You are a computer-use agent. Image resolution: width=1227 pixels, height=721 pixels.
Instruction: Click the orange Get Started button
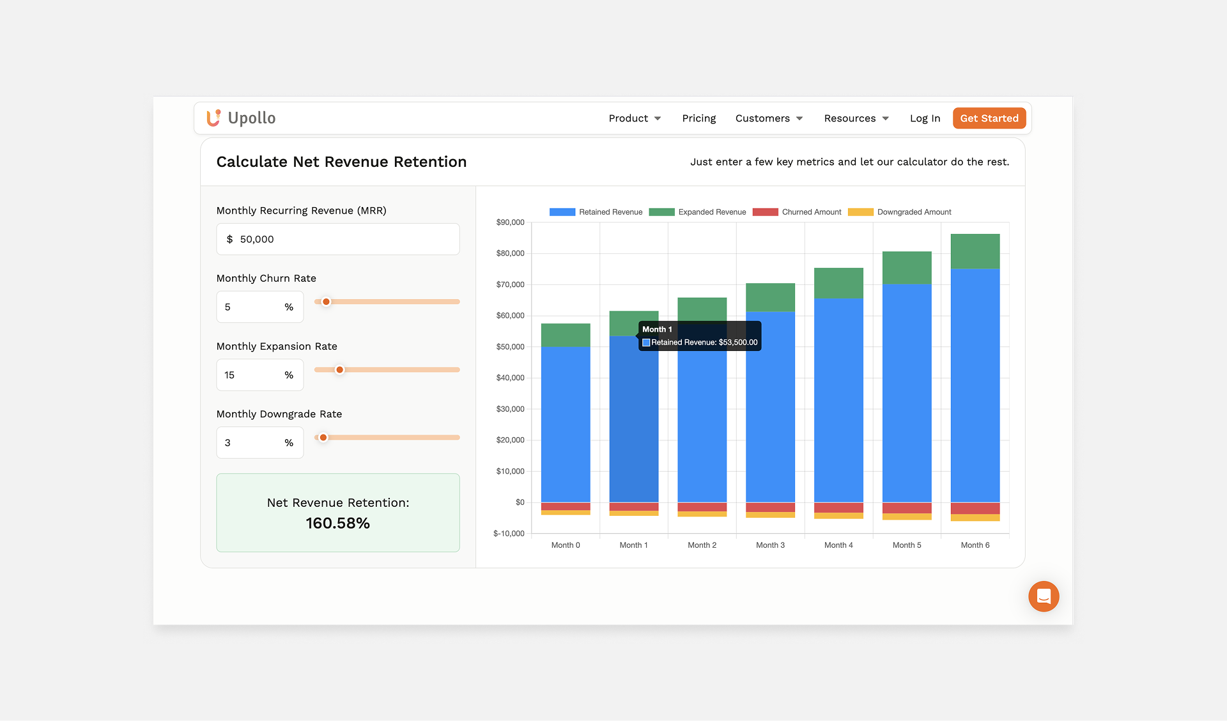[x=989, y=118]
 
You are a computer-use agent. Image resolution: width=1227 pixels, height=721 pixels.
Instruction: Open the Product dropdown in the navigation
[x=634, y=118]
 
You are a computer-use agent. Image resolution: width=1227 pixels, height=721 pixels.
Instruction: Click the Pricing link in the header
[x=698, y=118]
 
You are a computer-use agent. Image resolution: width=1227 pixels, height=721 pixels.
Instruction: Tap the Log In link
[x=925, y=118]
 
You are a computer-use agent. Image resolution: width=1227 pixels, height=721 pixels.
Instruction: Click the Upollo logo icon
[x=213, y=118]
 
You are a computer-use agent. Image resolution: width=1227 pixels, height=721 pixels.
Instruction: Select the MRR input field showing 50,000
[x=337, y=239]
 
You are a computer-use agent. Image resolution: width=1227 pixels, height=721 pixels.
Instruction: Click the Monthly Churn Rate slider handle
[x=326, y=302]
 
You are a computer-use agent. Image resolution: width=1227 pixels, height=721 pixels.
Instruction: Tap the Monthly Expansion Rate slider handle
[x=340, y=369]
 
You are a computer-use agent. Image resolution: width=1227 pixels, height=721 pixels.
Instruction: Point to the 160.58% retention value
[x=337, y=523]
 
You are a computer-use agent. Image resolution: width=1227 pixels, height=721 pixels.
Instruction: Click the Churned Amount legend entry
[x=798, y=212]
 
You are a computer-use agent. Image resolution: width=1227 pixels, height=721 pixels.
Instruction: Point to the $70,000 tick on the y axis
[x=510, y=284]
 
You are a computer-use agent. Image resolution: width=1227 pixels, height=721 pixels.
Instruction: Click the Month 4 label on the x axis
[x=838, y=545]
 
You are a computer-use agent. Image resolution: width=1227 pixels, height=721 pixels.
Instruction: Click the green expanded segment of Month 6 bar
[x=975, y=251]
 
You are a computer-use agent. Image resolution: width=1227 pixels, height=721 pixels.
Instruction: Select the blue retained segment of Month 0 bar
[x=565, y=424]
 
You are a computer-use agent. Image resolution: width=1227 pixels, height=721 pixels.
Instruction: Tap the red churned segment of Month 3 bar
[x=770, y=508]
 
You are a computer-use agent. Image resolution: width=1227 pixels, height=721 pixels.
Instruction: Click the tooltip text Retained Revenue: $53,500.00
[x=704, y=343]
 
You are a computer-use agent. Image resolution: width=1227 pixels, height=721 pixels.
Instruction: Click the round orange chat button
[x=1043, y=596]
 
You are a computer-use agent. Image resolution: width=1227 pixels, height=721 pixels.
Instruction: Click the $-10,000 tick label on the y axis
[x=509, y=534]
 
